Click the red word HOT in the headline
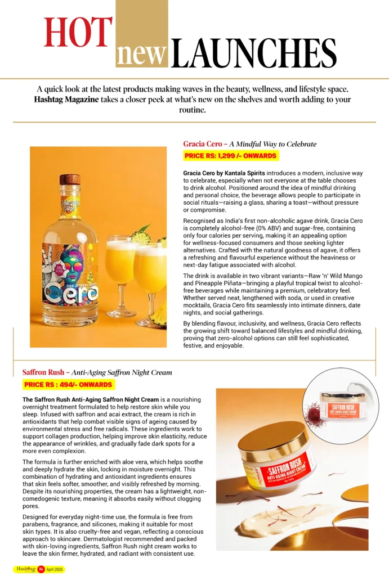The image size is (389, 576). pos(78,33)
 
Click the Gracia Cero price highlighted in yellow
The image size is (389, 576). pos(230,156)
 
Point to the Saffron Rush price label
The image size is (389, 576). pos(69,385)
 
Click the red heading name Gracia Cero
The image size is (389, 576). pos(203,144)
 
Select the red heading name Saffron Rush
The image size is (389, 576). pos(43,372)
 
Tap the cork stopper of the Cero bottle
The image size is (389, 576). pos(70,180)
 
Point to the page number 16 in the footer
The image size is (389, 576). pos(41,569)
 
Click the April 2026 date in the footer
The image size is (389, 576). pos(55,569)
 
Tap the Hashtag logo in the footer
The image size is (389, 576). pos(26,569)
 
